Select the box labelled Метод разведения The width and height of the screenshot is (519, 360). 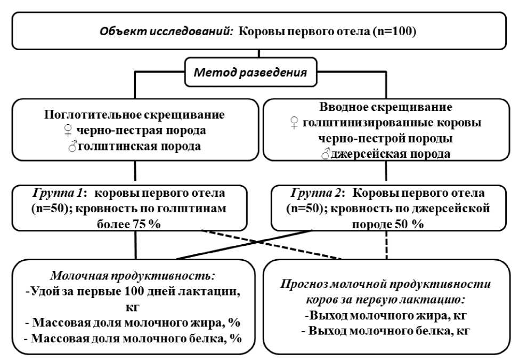(259, 72)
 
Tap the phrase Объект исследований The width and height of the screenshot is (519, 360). (166, 31)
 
